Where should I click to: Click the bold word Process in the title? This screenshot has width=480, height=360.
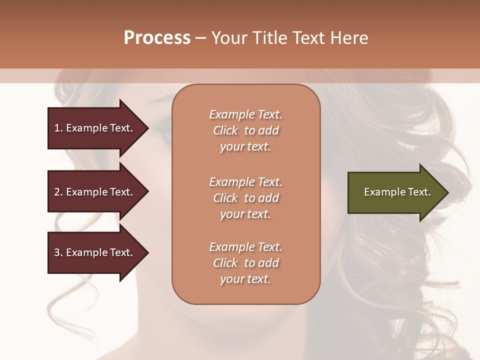tap(157, 38)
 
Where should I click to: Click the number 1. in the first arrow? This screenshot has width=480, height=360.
tap(58, 128)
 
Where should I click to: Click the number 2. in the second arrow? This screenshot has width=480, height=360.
tap(58, 192)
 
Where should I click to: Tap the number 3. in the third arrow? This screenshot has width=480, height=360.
tap(58, 252)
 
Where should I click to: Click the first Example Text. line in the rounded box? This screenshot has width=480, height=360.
tap(245, 114)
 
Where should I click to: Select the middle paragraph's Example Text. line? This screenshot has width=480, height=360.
tap(245, 182)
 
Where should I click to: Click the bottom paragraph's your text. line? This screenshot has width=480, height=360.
tap(245, 279)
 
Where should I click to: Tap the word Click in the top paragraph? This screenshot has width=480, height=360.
tap(225, 130)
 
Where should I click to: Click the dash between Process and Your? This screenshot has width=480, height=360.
tap(200, 38)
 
